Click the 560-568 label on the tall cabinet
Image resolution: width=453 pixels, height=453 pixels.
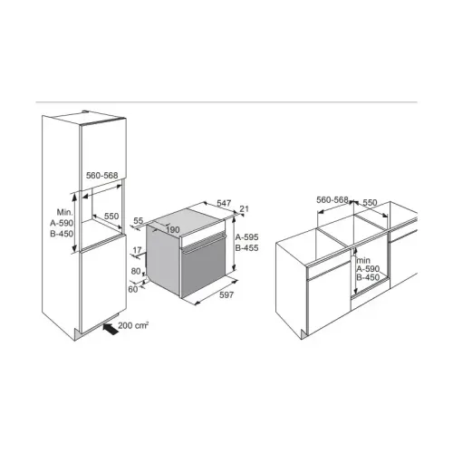pyautogui.click(x=101, y=176)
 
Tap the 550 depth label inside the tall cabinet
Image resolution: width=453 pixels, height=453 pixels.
pyautogui.click(x=111, y=217)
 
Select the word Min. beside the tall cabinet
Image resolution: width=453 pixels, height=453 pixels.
pyautogui.click(x=65, y=212)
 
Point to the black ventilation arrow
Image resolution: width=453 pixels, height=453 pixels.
pyautogui.click(x=111, y=329)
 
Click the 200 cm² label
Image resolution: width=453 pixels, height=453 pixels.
pyautogui.click(x=133, y=325)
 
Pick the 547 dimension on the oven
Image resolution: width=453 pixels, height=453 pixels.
pyautogui.click(x=224, y=203)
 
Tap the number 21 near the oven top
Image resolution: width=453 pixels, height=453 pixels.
pyautogui.click(x=244, y=208)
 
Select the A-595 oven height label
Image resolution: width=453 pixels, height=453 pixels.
pyautogui.click(x=246, y=237)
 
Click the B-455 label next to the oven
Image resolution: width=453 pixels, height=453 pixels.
pyautogui.click(x=246, y=248)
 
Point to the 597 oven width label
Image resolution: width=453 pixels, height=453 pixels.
pyautogui.click(x=226, y=294)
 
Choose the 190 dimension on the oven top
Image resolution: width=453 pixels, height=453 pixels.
pyautogui.click(x=173, y=230)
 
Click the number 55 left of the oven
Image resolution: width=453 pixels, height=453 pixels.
pyautogui.click(x=138, y=221)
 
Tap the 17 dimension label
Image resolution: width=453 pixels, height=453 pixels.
pyautogui.click(x=137, y=250)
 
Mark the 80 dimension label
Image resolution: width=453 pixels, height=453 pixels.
pyautogui.click(x=136, y=271)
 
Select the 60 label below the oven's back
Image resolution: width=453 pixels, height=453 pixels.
pyautogui.click(x=133, y=289)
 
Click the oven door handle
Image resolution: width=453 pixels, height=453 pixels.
pyautogui.click(x=203, y=243)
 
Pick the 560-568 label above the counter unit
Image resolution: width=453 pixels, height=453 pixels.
pyautogui.click(x=333, y=200)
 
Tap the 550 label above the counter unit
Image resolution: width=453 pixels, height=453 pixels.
pyautogui.click(x=370, y=202)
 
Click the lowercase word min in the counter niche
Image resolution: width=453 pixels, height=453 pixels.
pyautogui.click(x=363, y=260)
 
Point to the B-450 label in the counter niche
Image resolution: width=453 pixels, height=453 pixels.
pyautogui.click(x=368, y=277)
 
